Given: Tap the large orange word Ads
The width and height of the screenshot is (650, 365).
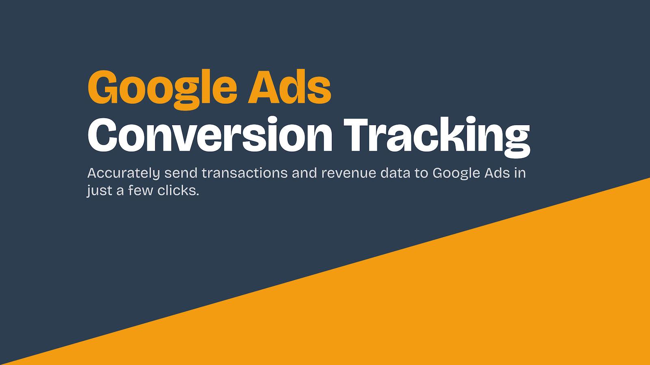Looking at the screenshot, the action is point(289,86).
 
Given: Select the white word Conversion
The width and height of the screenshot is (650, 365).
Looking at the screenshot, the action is point(210,134).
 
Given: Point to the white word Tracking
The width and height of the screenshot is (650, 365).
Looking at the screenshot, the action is point(437,137).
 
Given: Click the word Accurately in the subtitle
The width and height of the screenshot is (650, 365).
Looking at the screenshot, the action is point(123,173).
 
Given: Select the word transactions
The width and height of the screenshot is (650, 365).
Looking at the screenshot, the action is point(245,173).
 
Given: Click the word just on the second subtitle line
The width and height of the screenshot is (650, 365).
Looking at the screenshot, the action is point(100,191).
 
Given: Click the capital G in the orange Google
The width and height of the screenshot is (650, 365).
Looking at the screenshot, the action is point(103,87).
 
